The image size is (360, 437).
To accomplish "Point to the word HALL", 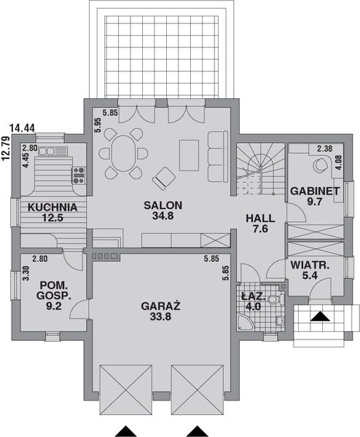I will (x=260, y=218).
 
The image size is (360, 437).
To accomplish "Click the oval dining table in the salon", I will (x=122, y=154).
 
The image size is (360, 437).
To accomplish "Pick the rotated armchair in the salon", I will (x=164, y=177).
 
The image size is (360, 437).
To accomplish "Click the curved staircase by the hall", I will (x=260, y=166).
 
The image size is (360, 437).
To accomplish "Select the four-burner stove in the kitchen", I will (x=78, y=174).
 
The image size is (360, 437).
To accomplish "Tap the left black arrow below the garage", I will (x=125, y=429).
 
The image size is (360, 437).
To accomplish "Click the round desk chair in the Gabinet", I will (x=319, y=165).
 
